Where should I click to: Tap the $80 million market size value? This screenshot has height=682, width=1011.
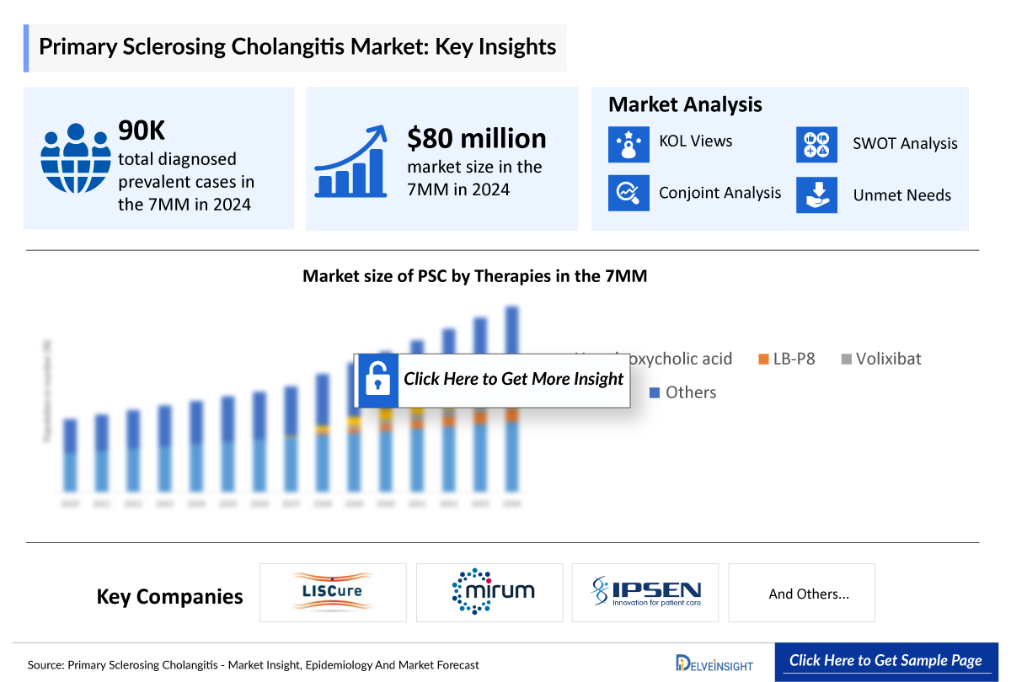(476, 137)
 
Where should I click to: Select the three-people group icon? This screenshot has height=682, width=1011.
(77, 158)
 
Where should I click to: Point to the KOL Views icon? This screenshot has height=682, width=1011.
(629, 144)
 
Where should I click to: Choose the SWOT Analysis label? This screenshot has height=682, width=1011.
(905, 144)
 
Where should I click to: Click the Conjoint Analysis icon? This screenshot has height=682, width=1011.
(629, 193)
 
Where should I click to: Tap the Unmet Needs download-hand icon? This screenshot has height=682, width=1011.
(816, 194)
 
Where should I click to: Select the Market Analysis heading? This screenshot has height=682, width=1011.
(685, 104)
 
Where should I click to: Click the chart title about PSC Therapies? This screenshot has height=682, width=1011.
(474, 275)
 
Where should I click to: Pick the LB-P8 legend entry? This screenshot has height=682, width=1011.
(787, 359)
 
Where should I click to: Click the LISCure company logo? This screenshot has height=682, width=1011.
(333, 593)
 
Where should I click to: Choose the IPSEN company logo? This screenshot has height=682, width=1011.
(645, 593)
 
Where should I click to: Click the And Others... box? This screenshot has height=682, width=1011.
(801, 593)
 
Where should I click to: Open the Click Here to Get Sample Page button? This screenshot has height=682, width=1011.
(885, 661)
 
